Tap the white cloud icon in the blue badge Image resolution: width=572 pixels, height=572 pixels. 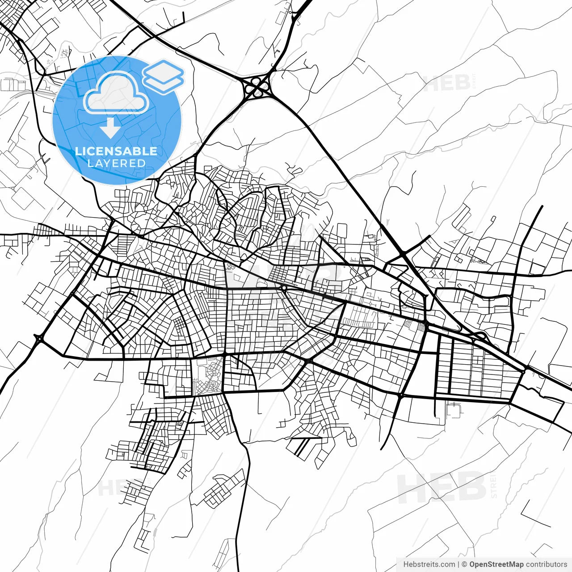click(116, 93)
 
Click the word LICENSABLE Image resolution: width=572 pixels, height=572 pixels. click(116, 151)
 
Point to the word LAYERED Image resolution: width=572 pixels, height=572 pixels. click(116, 163)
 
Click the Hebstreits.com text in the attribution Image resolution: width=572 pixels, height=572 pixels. click(429, 564)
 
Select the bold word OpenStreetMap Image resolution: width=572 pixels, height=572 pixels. click(496, 564)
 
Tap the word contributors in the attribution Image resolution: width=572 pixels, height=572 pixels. click(546, 564)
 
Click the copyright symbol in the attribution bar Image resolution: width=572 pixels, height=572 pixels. click(464, 564)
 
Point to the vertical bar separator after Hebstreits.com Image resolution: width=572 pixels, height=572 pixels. click(458, 564)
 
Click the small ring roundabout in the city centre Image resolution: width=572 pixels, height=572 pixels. click(284, 288)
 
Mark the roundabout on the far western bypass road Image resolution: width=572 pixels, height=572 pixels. click(39, 339)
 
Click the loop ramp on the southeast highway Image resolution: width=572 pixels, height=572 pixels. click(480, 336)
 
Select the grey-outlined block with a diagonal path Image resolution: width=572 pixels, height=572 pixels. click(206, 375)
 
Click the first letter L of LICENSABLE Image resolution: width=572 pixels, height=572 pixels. click(78, 151)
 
